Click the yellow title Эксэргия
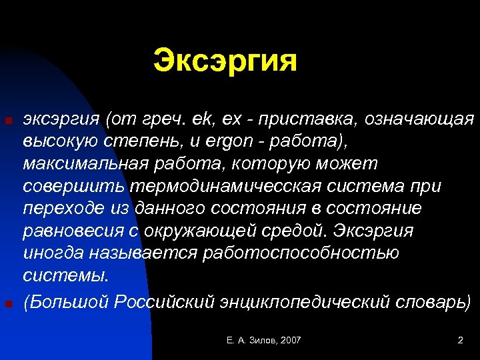click(225, 61)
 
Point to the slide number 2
click(460, 341)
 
